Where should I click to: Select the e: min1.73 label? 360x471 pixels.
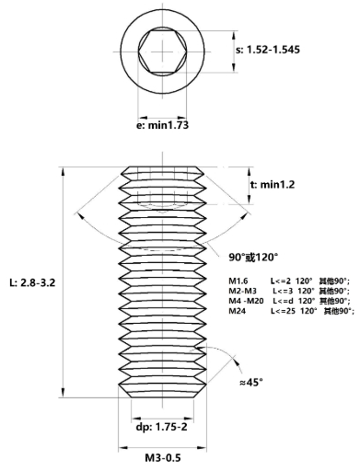click(162, 125)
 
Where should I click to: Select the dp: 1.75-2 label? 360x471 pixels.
click(161, 428)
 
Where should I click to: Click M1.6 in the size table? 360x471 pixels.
click(238, 280)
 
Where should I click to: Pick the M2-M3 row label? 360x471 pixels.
click(242, 291)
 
